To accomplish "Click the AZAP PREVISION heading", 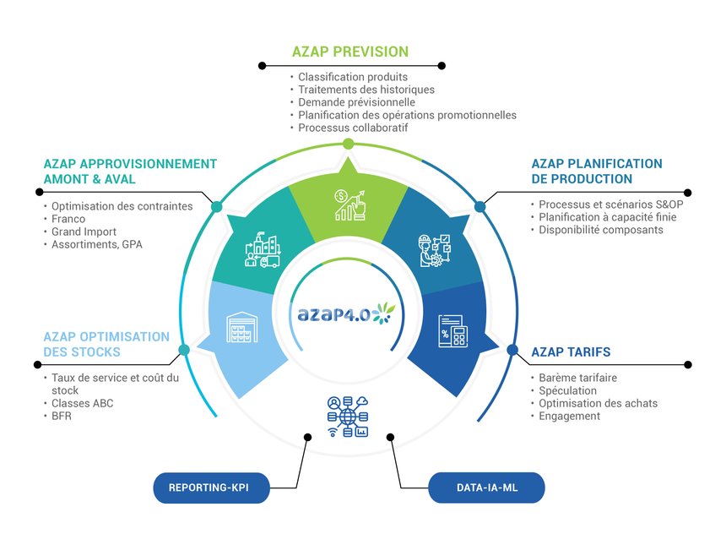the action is pos(350,52).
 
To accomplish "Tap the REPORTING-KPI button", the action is pos(211,488).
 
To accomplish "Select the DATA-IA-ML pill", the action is pos(486,488).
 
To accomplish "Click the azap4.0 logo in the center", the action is pos(346,313).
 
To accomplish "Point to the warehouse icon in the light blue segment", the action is pos(241,327).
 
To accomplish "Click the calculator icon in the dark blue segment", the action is pos(452,331).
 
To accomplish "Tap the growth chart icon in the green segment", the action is pos(350,204).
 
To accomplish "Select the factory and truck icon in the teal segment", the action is pos(263,251).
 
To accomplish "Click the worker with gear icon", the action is pos(434,251).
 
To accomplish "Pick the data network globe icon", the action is pos(348,417).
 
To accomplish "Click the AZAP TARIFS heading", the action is pos(571,352).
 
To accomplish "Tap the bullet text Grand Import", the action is pos(84,232).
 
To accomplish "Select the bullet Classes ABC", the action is pos(83,403).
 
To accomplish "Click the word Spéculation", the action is pos(567,390).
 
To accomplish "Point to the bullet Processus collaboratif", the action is pos(353,128).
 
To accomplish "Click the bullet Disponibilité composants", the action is pos(601,230).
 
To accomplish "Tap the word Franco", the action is pos(68,219).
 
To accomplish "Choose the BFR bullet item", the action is pos(62,417).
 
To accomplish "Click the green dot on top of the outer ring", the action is pos(349,144).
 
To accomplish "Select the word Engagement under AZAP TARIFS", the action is pos(570,417).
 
